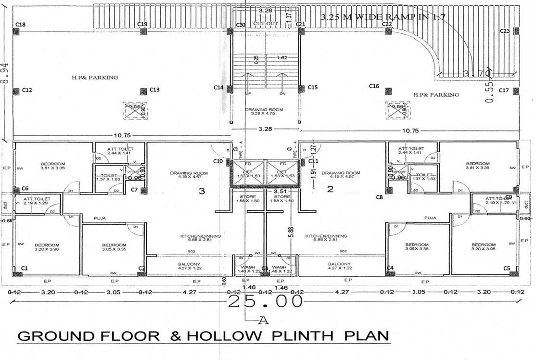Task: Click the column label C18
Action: click(20, 25)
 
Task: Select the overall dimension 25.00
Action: click(266, 302)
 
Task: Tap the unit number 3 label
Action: click(202, 191)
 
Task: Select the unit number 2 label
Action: click(330, 189)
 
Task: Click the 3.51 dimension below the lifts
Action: click(280, 191)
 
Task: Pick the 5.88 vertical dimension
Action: click(291, 232)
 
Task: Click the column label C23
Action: click(505, 31)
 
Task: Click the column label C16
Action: click(374, 86)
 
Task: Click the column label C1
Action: click(24, 268)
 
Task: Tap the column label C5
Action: click(506, 268)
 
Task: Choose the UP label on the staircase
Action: click(248, 93)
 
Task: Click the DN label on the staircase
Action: click(282, 93)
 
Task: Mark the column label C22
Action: click(387, 24)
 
